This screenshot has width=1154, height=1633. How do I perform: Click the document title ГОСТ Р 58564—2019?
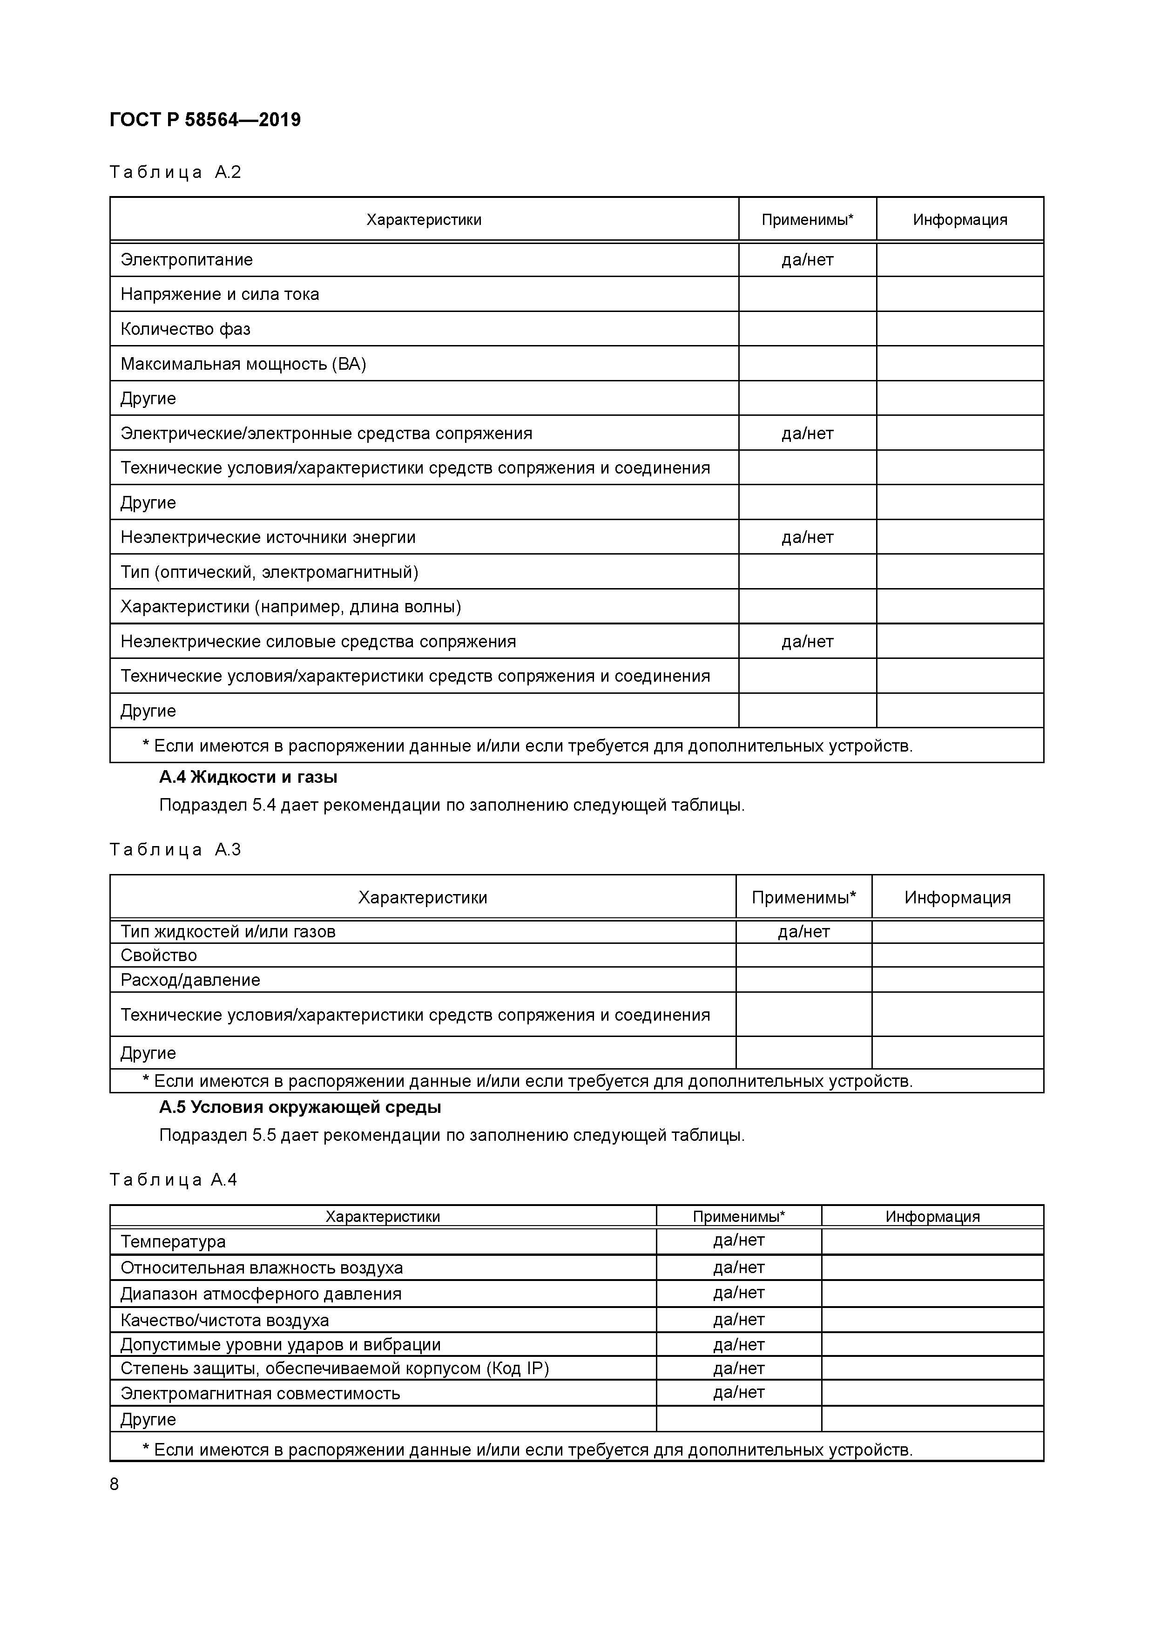[x=205, y=120]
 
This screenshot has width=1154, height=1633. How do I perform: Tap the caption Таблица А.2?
[x=175, y=172]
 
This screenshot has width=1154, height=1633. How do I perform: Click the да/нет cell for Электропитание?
[x=807, y=260]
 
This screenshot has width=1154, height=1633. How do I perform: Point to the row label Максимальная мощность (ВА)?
[x=243, y=364]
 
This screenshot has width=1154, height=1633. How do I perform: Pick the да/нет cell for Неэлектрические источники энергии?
[x=807, y=537]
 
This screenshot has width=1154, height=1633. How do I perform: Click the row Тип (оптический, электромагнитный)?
[x=269, y=572]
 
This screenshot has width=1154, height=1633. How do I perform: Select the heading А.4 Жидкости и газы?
[x=248, y=777]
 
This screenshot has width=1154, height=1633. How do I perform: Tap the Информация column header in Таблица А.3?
[x=957, y=898]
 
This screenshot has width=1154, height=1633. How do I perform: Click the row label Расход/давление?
[x=190, y=980]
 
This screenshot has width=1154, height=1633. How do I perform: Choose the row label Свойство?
[x=159, y=955]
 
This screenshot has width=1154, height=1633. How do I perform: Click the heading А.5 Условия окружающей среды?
[x=299, y=1107]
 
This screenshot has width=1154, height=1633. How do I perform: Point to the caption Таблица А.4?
[x=174, y=1180]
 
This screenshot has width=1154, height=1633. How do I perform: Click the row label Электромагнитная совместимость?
[x=260, y=1393]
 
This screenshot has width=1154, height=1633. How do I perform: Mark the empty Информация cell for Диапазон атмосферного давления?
[x=932, y=1294]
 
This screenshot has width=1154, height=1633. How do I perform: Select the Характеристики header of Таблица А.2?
[x=424, y=220]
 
